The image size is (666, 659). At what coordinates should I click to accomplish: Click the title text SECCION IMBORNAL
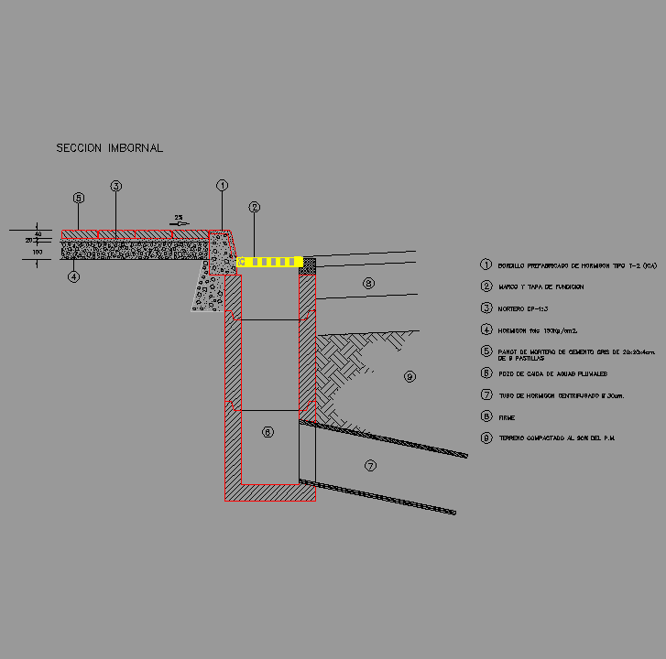click(109, 147)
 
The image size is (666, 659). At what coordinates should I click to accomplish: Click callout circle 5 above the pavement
click(79, 198)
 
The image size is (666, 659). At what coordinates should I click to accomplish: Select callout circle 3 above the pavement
click(116, 186)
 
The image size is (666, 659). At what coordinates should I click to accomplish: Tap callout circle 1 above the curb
click(222, 185)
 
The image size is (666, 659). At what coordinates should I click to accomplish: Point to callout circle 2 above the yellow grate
click(255, 207)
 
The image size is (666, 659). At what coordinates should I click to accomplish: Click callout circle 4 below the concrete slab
click(74, 275)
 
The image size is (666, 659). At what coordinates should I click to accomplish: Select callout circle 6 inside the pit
click(267, 431)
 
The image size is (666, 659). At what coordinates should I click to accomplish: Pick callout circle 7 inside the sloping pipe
click(370, 465)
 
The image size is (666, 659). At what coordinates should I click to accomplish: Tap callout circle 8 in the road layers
click(367, 284)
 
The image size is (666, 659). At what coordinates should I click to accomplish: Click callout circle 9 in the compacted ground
click(409, 376)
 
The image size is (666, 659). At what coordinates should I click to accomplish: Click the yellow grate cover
click(270, 263)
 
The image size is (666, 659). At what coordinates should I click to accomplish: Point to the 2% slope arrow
click(180, 221)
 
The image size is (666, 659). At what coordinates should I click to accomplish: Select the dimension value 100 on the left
click(38, 251)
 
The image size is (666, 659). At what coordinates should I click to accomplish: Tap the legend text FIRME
click(508, 416)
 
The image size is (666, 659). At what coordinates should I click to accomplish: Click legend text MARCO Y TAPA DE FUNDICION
click(541, 286)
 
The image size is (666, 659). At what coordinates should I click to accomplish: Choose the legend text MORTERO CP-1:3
click(522, 308)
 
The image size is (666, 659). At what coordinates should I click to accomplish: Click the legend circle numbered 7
click(486, 395)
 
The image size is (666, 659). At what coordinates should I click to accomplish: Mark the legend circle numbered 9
click(486, 438)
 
